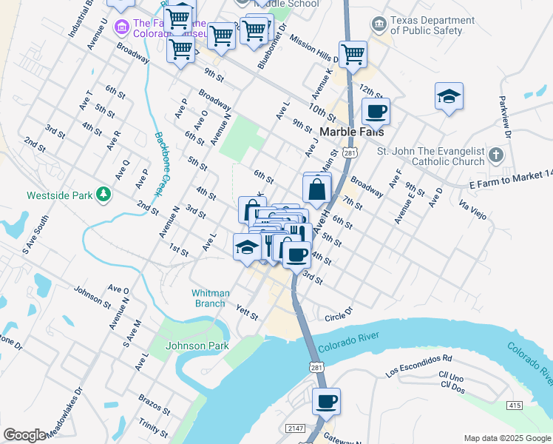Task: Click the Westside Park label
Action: pyautogui.click(x=62, y=196)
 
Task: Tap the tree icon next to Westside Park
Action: pyautogui.click(x=105, y=195)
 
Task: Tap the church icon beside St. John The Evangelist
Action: pyautogui.click(x=495, y=156)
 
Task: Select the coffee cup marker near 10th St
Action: pyautogui.click(x=376, y=112)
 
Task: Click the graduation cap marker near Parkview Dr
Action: pyautogui.click(x=449, y=97)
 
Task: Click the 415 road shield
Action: pyautogui.click(x=515, y=406)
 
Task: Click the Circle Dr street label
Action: pyautogui.click(x=339, y=317)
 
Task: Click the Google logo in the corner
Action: pyautogui.click(x=24, y=435)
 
